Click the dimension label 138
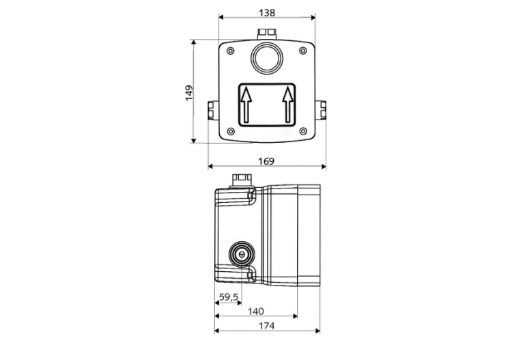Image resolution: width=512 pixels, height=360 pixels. click(266, 12)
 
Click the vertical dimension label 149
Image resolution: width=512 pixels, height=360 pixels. click(189, 92)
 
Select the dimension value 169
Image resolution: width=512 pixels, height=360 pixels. click(266, 161)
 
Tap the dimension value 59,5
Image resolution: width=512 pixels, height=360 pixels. click(228, 297)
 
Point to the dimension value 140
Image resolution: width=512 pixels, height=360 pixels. click(255, 311)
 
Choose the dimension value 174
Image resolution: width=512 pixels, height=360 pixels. click(266, 326)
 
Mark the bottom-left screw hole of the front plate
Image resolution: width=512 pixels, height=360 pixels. click(230, 131)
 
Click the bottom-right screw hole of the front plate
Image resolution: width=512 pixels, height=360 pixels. click(304, 131)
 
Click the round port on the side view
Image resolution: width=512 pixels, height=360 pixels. click(240, 253)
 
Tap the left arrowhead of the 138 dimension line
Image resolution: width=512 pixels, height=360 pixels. click(221, 18)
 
